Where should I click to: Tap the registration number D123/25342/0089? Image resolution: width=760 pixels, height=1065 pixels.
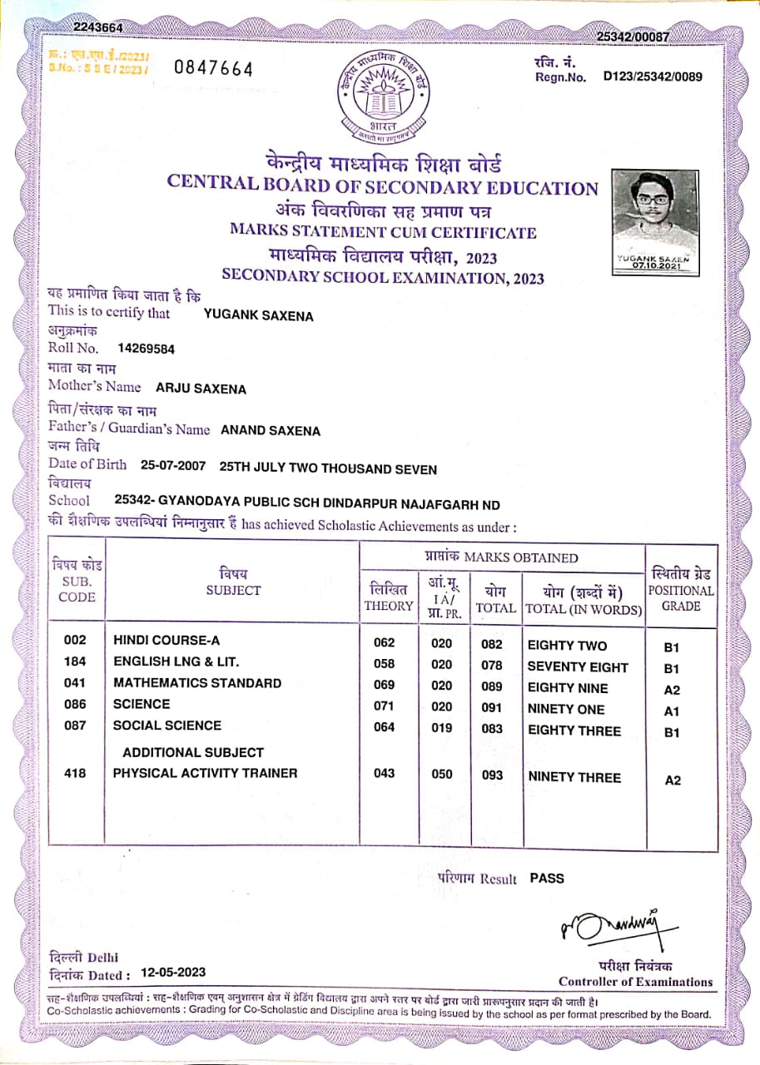coord(653,77)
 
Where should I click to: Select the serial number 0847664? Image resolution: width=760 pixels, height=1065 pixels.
coord(213,69)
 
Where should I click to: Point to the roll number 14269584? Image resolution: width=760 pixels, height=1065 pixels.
coord(147,349)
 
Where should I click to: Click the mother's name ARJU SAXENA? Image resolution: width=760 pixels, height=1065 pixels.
coord(201,389)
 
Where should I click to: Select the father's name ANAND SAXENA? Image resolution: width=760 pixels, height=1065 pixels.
coord(270,430)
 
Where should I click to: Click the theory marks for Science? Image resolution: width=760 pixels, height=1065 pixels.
coord(384,706)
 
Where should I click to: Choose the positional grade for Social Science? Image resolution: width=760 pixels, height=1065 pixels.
coord(672,732)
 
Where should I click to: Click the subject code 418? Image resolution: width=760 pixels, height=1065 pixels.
coord(75,773)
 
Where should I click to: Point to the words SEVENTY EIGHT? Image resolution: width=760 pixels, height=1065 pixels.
coord(578,666)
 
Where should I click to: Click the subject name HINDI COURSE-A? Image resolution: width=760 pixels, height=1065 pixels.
coord(166,641)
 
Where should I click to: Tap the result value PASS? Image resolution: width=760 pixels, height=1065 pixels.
coord(547,878)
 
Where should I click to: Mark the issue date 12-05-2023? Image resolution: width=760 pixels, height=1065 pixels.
coord(173,972)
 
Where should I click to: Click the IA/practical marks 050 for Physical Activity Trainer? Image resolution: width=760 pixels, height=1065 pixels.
coord(442,775)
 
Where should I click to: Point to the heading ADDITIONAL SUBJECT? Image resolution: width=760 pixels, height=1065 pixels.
coord(192,752)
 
